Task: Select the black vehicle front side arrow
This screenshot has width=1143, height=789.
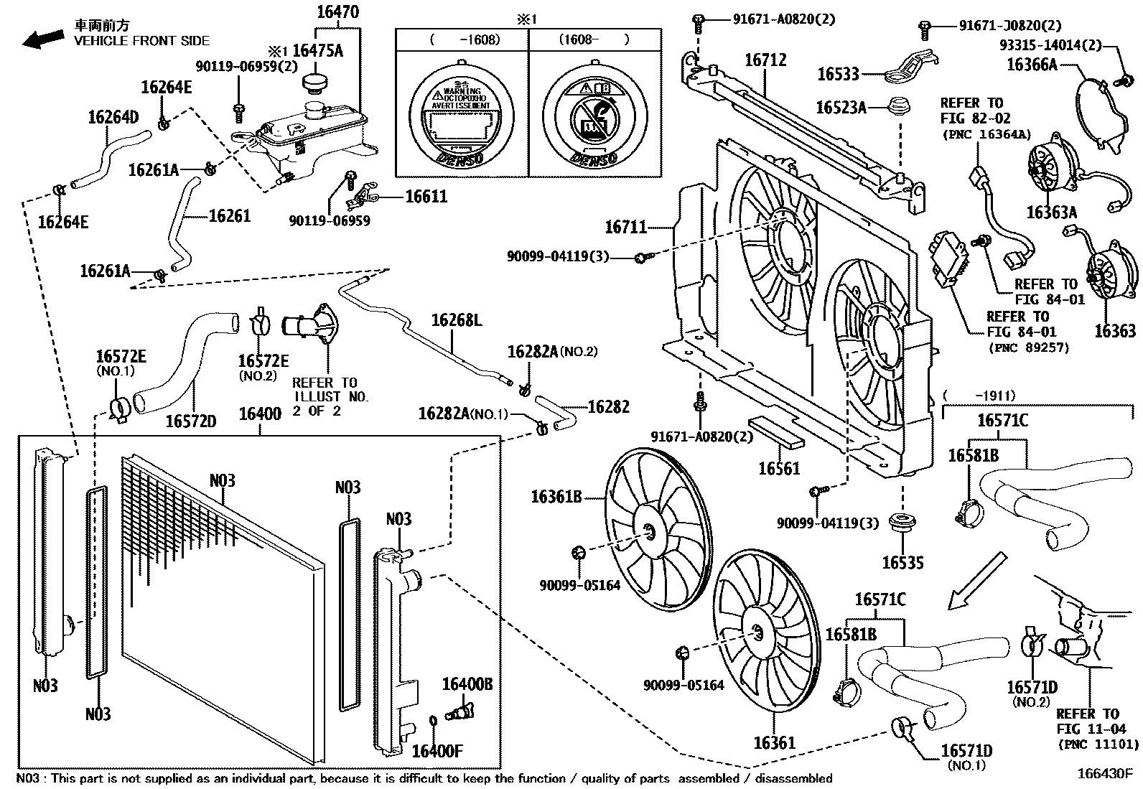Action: [42, 39]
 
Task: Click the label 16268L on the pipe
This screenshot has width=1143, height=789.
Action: [457, 320]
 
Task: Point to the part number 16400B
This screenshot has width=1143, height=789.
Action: [467, 684]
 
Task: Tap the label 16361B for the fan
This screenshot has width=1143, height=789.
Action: [556, 496]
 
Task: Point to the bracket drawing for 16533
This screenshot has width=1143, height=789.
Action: [910, 67]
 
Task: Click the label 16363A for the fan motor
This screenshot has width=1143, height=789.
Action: [1052, 213]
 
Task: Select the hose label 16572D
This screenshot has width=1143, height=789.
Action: [191, 421]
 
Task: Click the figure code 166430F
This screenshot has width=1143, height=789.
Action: [1104, 774]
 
